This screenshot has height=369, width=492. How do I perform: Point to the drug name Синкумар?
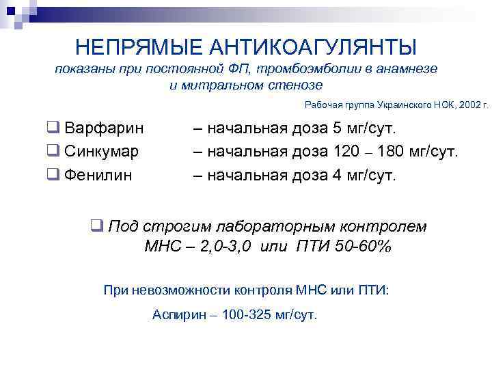[x=102, y=151]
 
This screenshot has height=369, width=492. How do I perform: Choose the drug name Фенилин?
[x=98, y=174]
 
